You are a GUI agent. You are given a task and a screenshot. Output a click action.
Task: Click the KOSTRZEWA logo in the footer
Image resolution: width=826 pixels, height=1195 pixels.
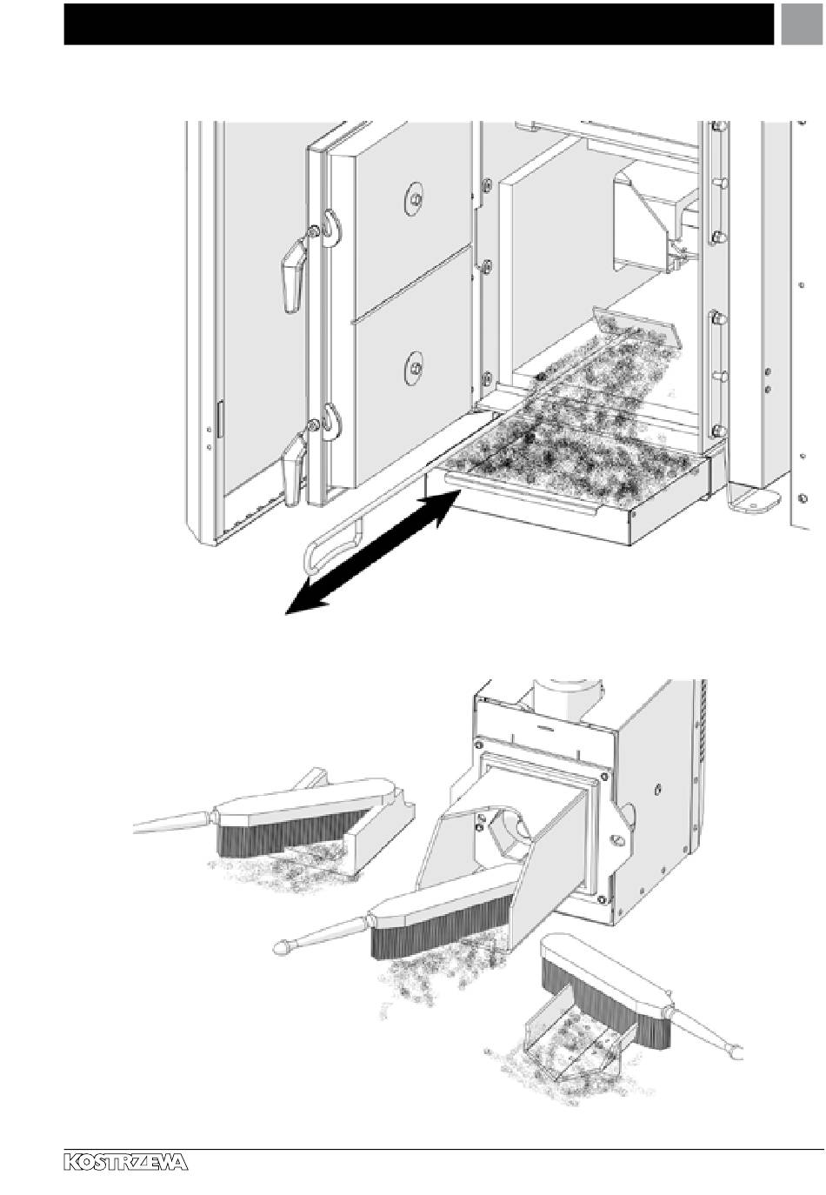pos(126,1163)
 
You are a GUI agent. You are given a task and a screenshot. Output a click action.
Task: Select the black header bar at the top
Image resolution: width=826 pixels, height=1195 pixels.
pos(417,23)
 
